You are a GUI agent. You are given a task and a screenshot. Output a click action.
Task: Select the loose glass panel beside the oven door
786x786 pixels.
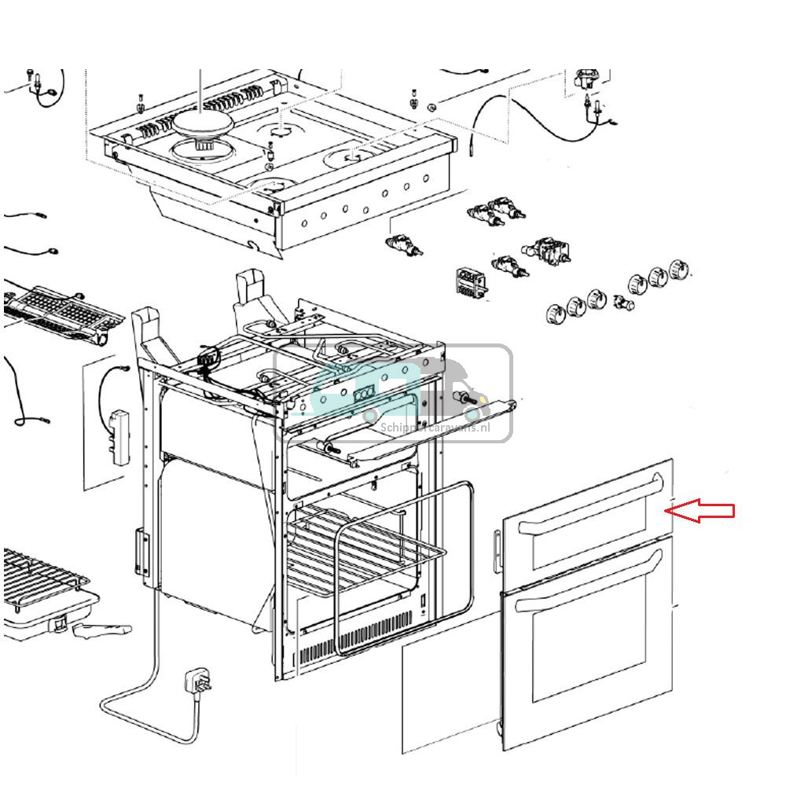pos(448,692)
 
